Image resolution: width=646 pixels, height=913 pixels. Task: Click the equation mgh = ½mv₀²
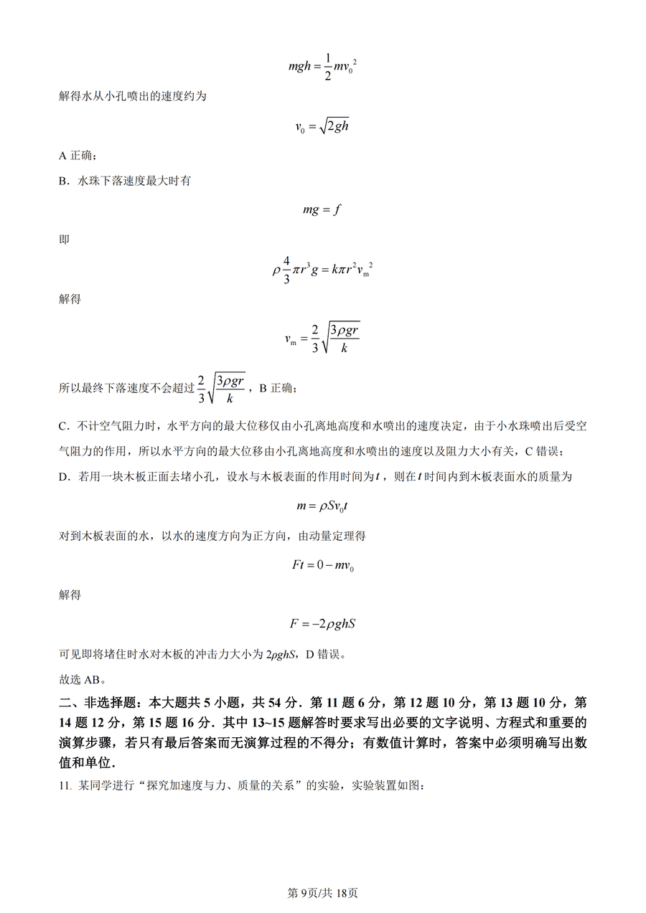(322, 67)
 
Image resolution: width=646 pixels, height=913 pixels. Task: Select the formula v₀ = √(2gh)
(322, 126)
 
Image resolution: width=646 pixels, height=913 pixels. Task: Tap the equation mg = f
(322, 209)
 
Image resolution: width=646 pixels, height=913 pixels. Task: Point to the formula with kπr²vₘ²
(322, 270)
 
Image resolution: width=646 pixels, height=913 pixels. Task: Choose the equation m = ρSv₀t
(322, 506)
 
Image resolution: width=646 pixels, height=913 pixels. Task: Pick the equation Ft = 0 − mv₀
(322, 565)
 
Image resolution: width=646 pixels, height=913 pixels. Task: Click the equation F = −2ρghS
(322, 623)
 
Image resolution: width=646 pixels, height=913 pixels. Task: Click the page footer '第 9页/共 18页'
(322, 893)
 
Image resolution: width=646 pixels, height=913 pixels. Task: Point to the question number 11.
(65, 786)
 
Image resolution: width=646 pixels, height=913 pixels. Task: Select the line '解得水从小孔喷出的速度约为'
(132, 96)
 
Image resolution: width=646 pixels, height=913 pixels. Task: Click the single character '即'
(64, 240)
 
